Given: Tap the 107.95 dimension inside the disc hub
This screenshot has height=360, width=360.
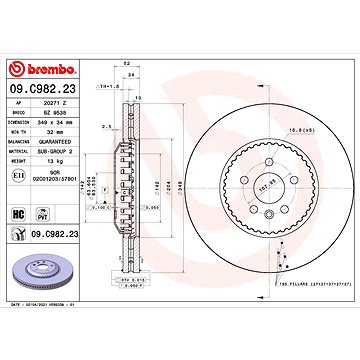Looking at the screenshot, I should (238, 187).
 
